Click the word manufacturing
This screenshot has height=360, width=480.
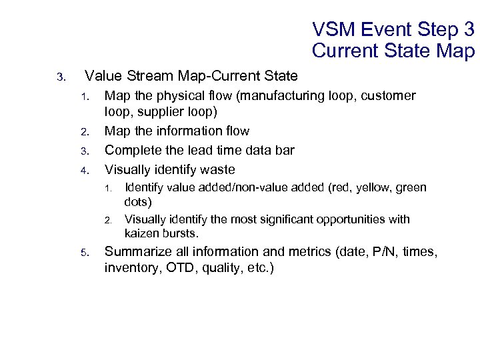click(x=281, y=96)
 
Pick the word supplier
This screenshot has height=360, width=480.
click(x=159, y=112)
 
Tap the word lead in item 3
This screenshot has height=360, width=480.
click(x=203, y=150)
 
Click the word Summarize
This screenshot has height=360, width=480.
click(x=137, y=252)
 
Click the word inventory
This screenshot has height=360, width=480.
click(x=130, y=268)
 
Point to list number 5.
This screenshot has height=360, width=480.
click(x=85, y=253)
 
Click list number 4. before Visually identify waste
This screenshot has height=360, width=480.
click(x=85, y=170)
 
